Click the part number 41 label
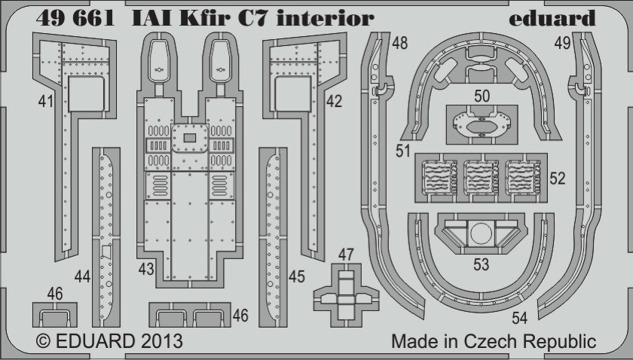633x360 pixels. (x=46, y=101)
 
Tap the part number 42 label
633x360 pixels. (x=334, y=101)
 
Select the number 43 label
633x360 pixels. (x=146, y=269)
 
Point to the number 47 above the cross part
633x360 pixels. (x=346, y=255)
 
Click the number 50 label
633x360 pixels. (x=482, y=96)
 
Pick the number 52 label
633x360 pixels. (x=558, y=178)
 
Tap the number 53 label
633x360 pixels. (x=482, y=264)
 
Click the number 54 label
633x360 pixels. (x=519, y=318)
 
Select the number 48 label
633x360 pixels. (x=399, y=43)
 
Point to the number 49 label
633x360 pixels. (x=562, y=43)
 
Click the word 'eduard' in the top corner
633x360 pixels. (x=552, y=18)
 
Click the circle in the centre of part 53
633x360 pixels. (x=482, y=233)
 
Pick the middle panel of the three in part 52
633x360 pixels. (x=482, y=178)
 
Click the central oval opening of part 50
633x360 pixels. (x=482, y=127)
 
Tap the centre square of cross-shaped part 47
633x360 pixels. (x=346, y=300)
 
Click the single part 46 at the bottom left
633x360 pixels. (x=54, y=316)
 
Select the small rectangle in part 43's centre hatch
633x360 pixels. (x=190, y=138)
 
